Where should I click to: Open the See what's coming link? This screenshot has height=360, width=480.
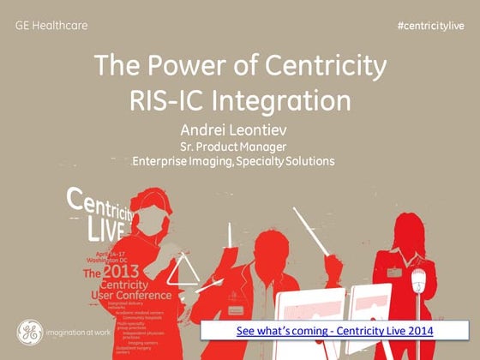click(334, 330)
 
